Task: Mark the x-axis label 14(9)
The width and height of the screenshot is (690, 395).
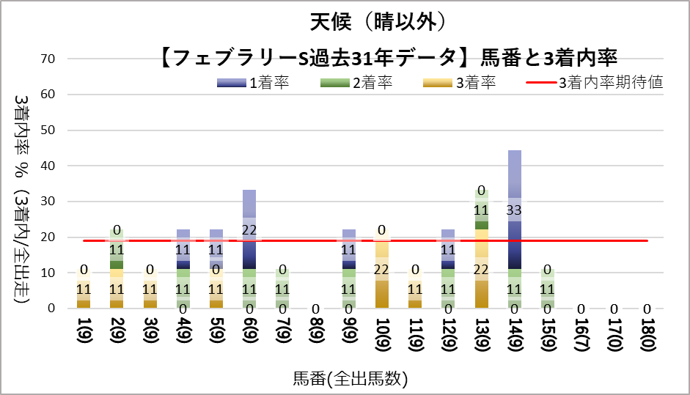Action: click(515, 339)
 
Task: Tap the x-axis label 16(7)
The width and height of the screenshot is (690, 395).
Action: click(581, 339)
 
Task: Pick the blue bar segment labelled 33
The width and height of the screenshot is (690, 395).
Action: click(515, 210)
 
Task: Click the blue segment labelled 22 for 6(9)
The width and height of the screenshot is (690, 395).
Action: click(249, 229)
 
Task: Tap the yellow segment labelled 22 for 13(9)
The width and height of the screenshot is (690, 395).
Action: click(482, 269)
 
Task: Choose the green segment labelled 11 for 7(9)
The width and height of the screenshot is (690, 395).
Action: click(283, 289)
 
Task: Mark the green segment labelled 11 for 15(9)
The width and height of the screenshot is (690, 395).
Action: click(548, 289)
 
